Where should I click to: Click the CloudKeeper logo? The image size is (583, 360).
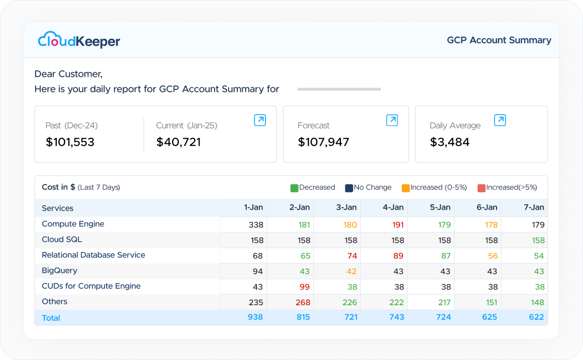coord(79,40)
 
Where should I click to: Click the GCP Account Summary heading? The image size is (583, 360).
coord(499,40)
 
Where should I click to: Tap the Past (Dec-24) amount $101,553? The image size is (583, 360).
coord(70,142)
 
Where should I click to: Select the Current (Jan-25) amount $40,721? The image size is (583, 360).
coord(178,142)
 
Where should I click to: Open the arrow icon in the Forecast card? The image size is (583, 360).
coord(392,120)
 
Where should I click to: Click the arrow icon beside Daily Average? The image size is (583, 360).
coord(500,120)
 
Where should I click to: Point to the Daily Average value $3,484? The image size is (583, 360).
coord(449,142)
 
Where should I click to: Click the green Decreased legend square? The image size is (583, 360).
coord(294,188)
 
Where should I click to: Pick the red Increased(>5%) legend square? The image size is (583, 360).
coord(481,188)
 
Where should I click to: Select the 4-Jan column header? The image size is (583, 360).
coord(393,208)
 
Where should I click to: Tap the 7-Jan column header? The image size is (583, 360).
coord(534,208)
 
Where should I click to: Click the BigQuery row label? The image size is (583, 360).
coord(59,271)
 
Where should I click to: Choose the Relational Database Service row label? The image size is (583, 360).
coord(93,255)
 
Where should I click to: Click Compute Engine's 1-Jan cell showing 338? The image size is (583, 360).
coord(256,225)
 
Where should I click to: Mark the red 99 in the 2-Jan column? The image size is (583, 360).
coord(305,287)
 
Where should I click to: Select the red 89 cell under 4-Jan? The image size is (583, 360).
coord(398,256)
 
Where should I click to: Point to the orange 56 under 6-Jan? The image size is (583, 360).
coord(493,256)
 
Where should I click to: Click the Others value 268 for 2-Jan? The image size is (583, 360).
coord(303,302)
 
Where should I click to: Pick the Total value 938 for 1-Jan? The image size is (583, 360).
coord(255,317)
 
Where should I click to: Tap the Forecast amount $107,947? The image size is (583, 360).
coord(324,142)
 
